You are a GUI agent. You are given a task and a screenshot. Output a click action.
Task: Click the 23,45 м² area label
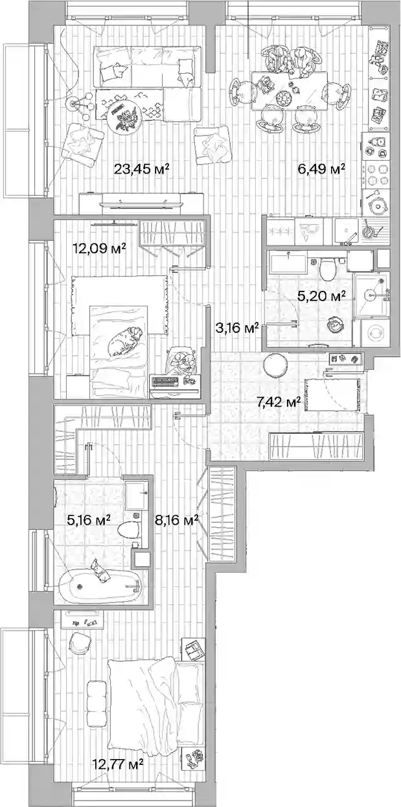tap(142, 168)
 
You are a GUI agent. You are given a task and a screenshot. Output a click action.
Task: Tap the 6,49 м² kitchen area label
tap(321, 168)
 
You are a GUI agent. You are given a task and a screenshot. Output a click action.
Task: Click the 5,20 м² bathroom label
tap(321, 296)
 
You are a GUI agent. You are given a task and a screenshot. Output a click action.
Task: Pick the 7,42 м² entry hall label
tap(279, 402)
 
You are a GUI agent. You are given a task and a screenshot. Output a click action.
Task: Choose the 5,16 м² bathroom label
tap(89, 519)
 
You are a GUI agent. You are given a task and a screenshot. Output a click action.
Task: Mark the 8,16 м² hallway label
tap(177, 519)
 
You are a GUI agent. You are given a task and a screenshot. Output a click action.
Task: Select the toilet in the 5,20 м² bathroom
tap(328, 268)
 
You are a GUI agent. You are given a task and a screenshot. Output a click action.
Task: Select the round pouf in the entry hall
tap(275, 365)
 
